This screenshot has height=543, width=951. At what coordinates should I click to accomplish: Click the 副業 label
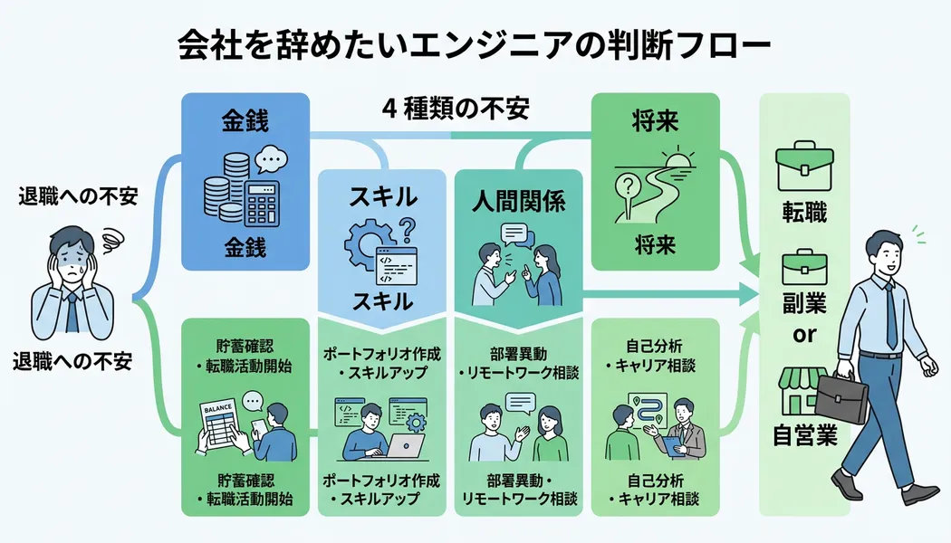pyautogui.click(x=804, y=301)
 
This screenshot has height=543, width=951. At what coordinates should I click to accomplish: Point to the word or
pyautogui.click(x=804, y=335)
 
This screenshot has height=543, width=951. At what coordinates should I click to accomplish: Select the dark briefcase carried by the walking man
pyautogui.click(x=841, y=398)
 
